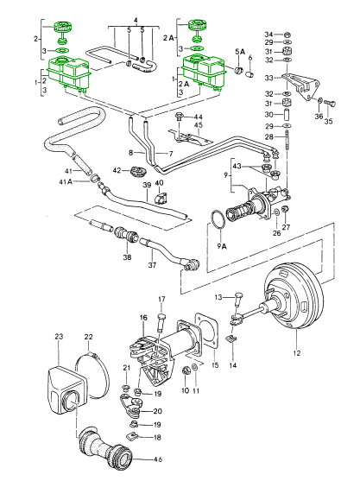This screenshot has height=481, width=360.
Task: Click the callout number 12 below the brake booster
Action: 297,353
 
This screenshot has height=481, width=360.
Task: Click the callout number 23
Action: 59,336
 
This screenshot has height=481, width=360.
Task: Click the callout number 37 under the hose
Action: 152,265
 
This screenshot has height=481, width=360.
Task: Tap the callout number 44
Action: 199,117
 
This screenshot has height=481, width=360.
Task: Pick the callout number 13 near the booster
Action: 219,296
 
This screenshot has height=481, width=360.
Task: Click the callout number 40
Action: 159,183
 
